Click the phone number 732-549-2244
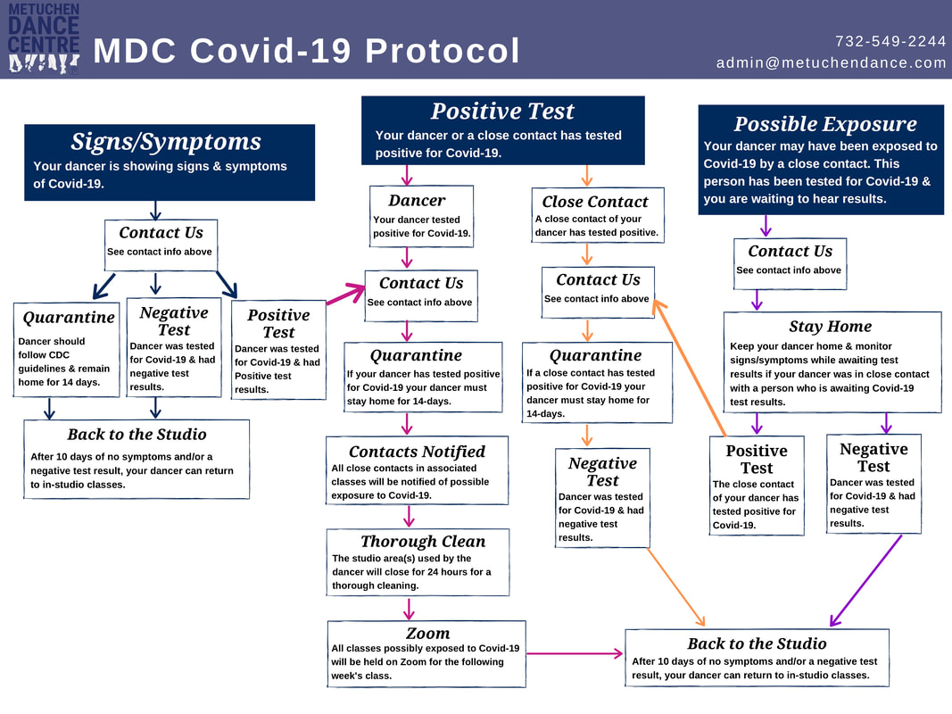(x=890, y=41)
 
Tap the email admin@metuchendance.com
(x=831, y=62)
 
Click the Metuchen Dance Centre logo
(x=43, y=38)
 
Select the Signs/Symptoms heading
(x=166, y=142)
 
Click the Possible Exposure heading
(x=825, y=124)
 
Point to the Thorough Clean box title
(x=423, y=541)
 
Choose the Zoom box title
(x=428, y=634)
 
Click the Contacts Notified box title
(x=417, y=451)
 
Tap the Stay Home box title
(x=830, y=326)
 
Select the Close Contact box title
(x=595, y=202)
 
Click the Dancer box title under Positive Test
(x=417, y=200)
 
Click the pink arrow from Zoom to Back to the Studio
(x=575, y=654)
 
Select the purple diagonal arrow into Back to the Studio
(x=865, y=580)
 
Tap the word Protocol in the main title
(x=443, y=50)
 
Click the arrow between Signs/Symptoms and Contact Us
(x=155, y=210)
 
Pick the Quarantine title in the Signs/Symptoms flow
(x=69, y=318)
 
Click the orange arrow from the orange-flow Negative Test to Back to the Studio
(x=675, y=587)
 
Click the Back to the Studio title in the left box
(x=137, y=434)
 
